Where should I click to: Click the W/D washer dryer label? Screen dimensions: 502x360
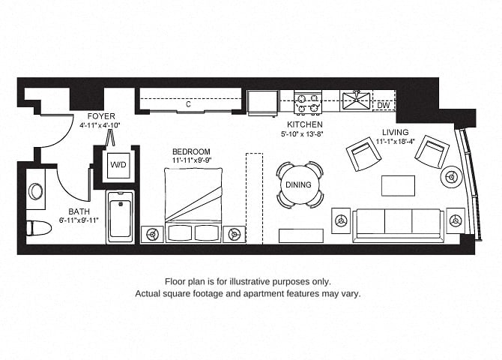click(118, 165)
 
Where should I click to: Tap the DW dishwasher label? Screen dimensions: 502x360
click(383, 105)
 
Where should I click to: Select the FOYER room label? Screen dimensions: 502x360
click(101, 116)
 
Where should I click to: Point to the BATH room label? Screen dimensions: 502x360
click(79, 211)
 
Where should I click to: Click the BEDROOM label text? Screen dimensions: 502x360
click(192, 151)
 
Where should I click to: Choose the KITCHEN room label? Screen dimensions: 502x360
click(305, 124)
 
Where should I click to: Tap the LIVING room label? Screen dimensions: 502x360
click(396, 132)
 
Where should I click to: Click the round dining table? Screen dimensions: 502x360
click(298, 184)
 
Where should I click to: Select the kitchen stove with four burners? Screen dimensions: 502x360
click(308, 102)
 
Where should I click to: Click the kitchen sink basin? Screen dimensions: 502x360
click(356, 101)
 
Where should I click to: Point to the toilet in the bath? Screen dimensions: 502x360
click(39, 228)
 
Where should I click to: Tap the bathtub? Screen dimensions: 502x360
click(120, 217)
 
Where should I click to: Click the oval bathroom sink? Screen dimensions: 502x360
click(35, 191)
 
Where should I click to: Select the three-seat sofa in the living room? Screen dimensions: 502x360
click(399, 225)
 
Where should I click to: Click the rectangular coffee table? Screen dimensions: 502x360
click(399, 185)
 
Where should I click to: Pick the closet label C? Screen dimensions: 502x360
click(188, 104)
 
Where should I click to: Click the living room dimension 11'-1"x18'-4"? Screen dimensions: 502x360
click(396, 141)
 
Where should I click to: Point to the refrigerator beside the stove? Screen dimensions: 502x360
click(263, 102)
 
